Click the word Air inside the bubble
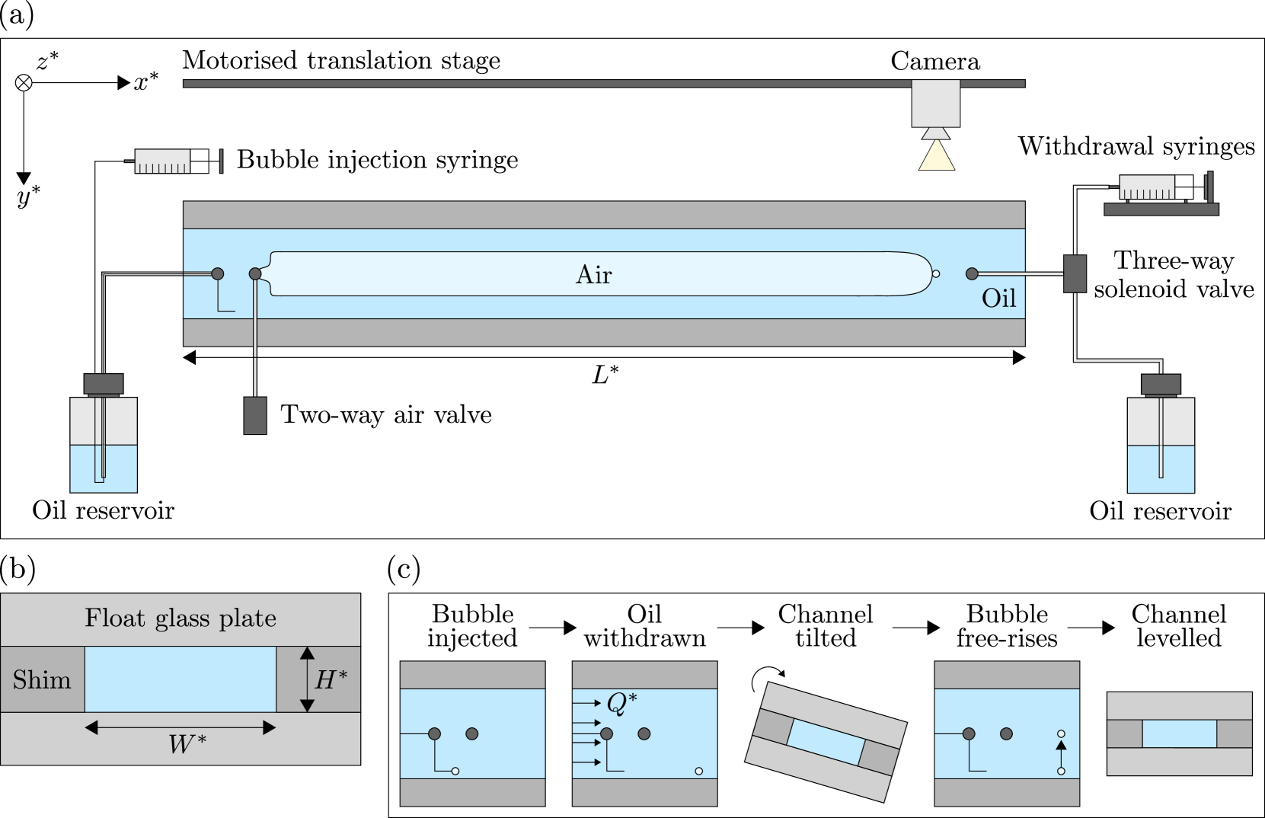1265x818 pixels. click(x=593, y=275)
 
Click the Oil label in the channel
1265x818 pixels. click(x=998, y=298)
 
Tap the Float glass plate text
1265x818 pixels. click(x=180, y=618)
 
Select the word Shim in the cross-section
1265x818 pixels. click(x=42, y=679)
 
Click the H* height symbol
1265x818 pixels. click(x=331, y=679)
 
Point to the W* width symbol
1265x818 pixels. click(x=187, y=744)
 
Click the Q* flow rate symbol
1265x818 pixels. click(x=621, y=703)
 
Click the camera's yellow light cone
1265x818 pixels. click(x=936, y=156)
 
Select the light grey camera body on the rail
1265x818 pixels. click(x=936, y=104)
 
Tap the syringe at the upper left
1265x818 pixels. click(x=161, y=161)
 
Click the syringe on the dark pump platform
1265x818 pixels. click(x=1146, y=187)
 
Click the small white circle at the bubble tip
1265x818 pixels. click(x=936, y=273)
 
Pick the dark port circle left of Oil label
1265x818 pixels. click(x=971, y=273)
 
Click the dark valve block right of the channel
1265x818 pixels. click(x=1075, y=273)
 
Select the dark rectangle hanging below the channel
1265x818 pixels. click(x=255, y=415)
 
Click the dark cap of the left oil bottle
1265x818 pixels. click(x=104, y=383)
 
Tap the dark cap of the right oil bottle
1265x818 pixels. click(x=1161, y=384)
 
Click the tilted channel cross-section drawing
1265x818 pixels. click(x=826, y=741)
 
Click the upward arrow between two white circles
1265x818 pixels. click(x=1061, y=752)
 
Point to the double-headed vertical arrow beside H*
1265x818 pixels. click(x=307, y=679)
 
